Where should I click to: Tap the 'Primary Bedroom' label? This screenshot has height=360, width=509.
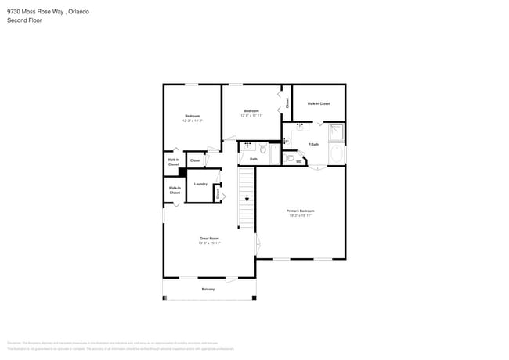point(301,211)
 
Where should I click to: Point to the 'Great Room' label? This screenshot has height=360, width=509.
point(208,238)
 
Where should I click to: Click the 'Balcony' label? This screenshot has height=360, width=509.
point(208,290)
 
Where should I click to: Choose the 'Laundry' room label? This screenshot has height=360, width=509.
point(200,184)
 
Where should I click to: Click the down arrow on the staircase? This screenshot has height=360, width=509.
point(247,199)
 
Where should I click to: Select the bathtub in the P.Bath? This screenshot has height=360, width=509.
point(338,154)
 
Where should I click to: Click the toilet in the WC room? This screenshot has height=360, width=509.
point(291,158)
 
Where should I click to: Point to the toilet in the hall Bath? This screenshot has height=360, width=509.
point(263,149)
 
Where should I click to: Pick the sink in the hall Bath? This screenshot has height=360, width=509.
point(247,146)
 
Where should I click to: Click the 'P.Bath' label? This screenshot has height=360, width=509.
point(313,145)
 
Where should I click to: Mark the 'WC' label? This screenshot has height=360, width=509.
point(299,162)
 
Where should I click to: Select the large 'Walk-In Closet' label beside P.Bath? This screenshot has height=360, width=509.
point(318,103)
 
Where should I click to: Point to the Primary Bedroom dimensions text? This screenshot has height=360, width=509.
point(301,215)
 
